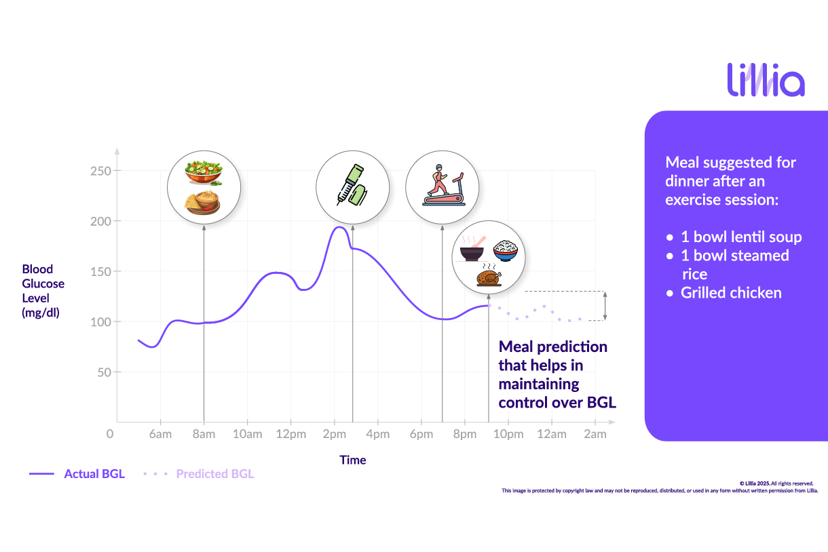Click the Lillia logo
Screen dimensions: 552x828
[766, 80]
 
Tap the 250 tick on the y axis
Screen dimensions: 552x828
[101, 171]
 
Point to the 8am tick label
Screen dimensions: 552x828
[204, 434]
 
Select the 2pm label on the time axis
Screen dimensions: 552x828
[334, 434]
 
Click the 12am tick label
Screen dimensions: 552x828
[552, 434]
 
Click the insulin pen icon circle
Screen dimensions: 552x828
[353, 187]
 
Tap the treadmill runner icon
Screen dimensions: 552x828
[442, 186]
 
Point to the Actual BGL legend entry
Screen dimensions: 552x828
[94, 474]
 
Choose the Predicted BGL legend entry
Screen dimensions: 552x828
[214, 474]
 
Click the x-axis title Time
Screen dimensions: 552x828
[353, 460]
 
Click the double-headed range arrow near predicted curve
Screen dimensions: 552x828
[605, 306]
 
